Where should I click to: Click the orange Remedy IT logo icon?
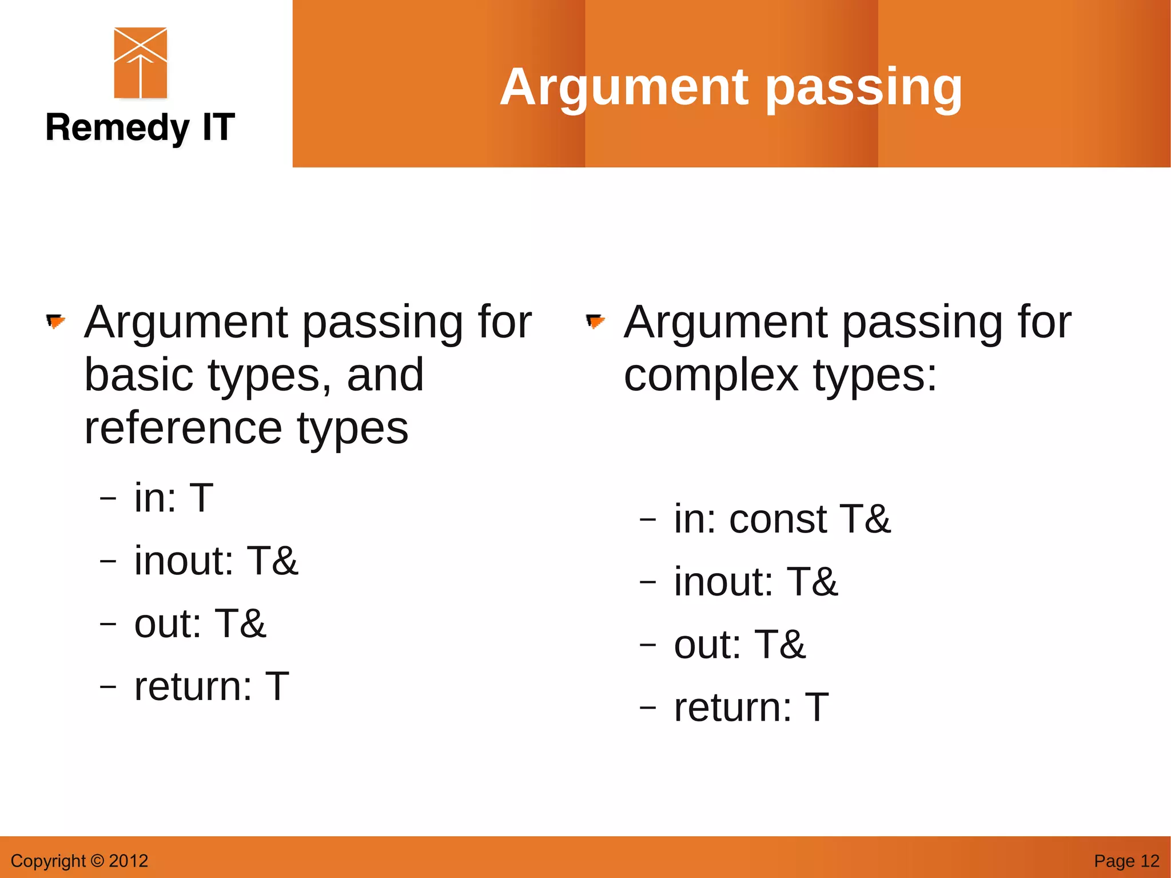pyautogui.click(x=141, y=63)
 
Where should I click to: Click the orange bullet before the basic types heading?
pyautogui.click(x=55, y=322)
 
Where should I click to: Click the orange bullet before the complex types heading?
pyautogui.click(x=595, y=322)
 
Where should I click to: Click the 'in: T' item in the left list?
pyautogui.click(x=174, y=498)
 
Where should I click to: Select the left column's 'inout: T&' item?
pyautogui.click(x=216, y=561)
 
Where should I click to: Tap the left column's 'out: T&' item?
pyautogui.click(x=200, y=623)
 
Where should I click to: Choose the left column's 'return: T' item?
pyautogui.click(x=212, y=686)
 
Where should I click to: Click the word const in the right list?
pyautogui.click(x=778, y=519)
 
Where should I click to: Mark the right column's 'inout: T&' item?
pyautogui.click(x=756, y=582)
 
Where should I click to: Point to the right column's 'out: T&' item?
pyautogui.click(x=740, y=645)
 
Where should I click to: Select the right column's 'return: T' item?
pyautogui.click(x=751, y=707)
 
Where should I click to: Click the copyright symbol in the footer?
pyautogui.click(x=97, y=861)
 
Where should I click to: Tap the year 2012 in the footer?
pyautogui.click(x=129, y=861)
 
